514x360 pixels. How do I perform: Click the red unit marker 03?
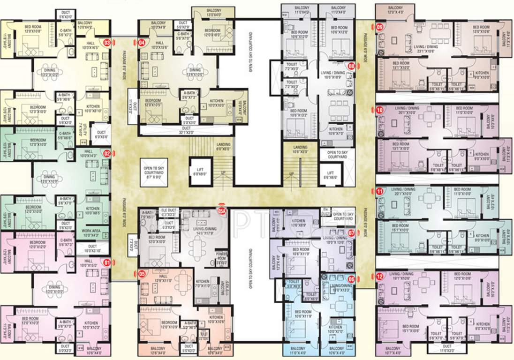(107, 43)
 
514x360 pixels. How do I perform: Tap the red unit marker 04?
(142, 43)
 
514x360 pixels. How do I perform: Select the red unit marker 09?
(379, 27)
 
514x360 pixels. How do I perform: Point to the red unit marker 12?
(379, 276)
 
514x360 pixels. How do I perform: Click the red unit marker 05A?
(221, 211)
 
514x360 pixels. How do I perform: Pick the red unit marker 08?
(351, 66)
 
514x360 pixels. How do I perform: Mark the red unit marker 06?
(351, 278)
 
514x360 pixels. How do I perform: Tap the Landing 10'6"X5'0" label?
(300, 149)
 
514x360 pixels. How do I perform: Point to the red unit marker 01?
(107, 263)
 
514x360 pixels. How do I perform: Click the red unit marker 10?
(379, 111)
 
